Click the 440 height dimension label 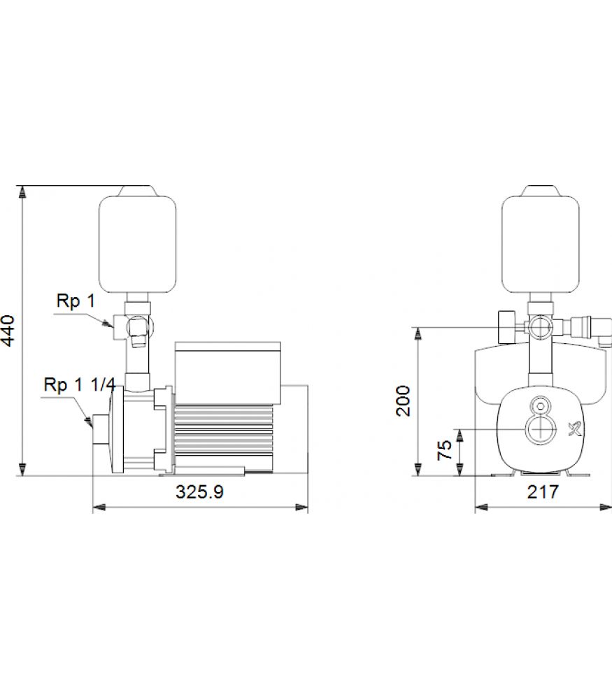[x=8, y=331]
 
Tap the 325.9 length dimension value [x=199, y=491]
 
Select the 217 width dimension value [x=543, y=491]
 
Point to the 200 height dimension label [x=404, y=401]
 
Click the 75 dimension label [x=445, y=449]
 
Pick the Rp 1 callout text [x=76, y=301]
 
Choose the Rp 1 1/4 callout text [x=80, y=384]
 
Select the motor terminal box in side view [x=228, y=373]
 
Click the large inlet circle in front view [x=541, y=430]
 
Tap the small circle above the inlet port [x=541, y=406]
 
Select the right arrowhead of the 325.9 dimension [x=301, y=507]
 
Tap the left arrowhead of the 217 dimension [x=481, y=507]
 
